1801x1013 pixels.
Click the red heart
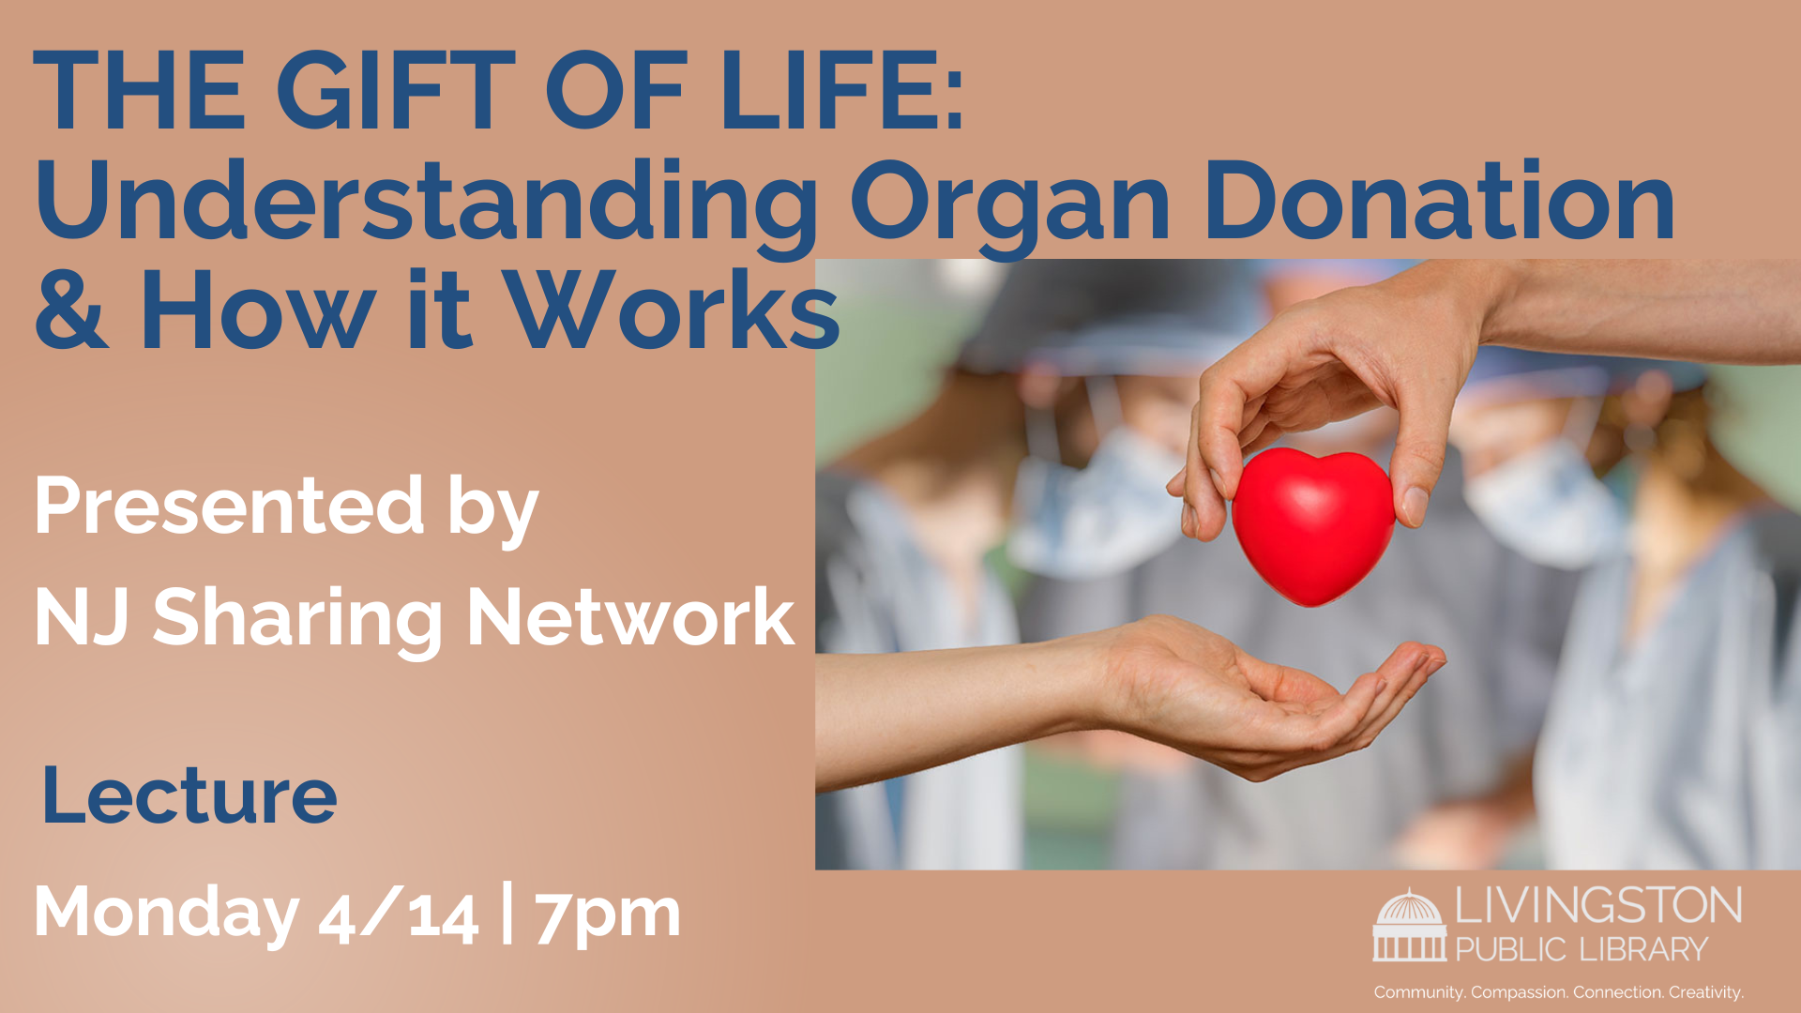point(1313,525)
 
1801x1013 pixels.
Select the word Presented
point(230,506)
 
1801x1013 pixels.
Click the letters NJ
point(82,617)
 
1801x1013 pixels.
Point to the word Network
point(631,616)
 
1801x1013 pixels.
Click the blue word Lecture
point(189,795)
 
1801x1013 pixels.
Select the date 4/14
point(399,915)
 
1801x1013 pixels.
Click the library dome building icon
point(1409,925)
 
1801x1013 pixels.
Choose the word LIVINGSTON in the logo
point(1598,906)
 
